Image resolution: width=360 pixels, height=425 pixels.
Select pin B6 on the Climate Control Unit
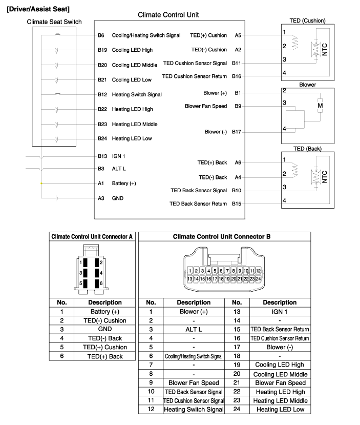point(101,35)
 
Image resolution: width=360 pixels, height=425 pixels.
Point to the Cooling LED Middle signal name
point(135,65)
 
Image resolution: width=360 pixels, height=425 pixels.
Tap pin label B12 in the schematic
point(102,94)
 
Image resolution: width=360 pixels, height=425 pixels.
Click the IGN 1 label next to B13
point(118,156)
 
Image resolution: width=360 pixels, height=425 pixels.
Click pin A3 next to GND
point(101,198)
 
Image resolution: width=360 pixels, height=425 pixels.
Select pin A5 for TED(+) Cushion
point(238,35)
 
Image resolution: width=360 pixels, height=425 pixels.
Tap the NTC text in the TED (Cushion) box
point(325,49)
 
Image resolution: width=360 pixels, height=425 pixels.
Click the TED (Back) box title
point(307,149)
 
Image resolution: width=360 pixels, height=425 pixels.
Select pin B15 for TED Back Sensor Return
point(237,204)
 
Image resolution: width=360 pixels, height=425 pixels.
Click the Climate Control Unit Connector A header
point(92,236)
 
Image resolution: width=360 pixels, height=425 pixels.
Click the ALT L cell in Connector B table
point(194,329)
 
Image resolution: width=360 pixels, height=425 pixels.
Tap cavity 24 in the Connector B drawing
point(258,278)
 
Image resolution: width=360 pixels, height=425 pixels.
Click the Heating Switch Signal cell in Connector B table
point(194,409)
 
